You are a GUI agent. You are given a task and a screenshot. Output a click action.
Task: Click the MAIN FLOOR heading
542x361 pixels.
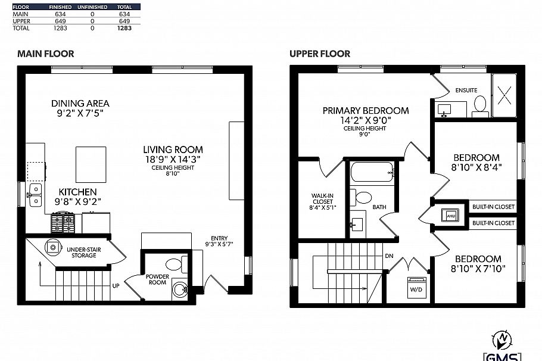click(46, 54)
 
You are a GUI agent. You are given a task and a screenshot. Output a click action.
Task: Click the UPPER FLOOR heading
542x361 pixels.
click(320, 54)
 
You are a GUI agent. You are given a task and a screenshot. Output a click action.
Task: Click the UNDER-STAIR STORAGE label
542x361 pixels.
click(82, 251)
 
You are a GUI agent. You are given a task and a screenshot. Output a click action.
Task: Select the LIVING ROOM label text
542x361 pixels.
click(173, 150)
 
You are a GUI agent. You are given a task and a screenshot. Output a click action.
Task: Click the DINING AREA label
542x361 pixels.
click(80, 103)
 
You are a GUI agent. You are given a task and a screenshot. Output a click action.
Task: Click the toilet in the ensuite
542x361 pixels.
click(480, 107)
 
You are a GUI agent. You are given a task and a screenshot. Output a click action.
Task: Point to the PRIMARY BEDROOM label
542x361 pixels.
click(365, 110)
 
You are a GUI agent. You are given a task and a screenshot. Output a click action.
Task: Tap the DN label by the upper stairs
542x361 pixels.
click(390, 256)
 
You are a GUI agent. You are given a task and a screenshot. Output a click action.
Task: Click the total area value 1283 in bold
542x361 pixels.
click(124, 28)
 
